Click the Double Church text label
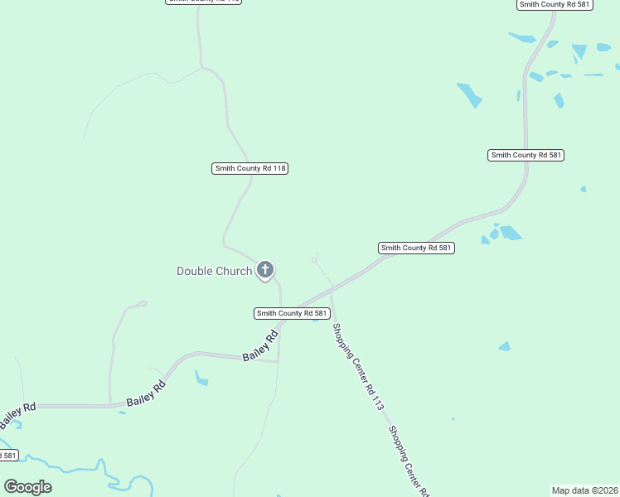tap(214, 271)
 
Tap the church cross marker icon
tap(265, 269)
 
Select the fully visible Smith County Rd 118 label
tap(250, 168)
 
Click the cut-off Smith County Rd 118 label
tap(204, 2)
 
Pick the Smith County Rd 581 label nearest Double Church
tap(293, 313)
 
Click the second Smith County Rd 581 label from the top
tap(526, 155)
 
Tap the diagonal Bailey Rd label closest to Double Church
tap(260, 346)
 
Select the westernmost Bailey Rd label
tap(17, 407)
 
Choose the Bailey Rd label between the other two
tap(147, 393)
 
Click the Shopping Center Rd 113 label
tap(358, 367)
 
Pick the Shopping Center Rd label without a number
tap(409, 461)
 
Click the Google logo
tap(28, 487)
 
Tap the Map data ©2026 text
tap(585, 490)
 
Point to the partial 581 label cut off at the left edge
tap(7, 455)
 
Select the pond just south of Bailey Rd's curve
tap(201, 379)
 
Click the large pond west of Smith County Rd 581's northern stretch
tap(469, 94)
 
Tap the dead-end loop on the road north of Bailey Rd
tap(143, 304)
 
